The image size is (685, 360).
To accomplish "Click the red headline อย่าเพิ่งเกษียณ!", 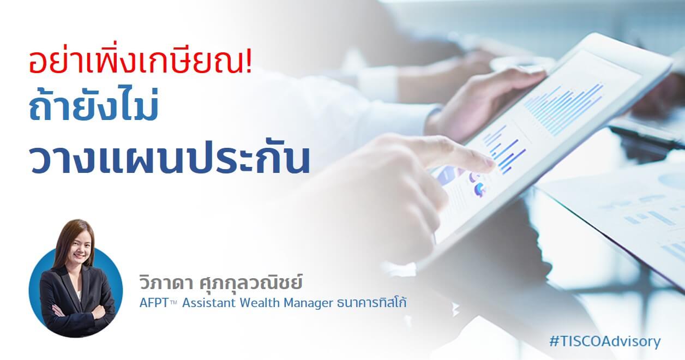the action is [141, 62].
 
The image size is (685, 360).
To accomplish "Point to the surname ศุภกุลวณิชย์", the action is [251, 282].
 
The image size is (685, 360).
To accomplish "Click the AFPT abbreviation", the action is [154, 303].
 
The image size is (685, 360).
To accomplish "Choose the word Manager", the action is [308, 303].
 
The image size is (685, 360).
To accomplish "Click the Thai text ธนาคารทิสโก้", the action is [371, 302].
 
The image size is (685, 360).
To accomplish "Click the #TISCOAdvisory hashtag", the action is [605, 341].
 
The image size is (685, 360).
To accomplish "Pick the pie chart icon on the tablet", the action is [480, 190].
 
